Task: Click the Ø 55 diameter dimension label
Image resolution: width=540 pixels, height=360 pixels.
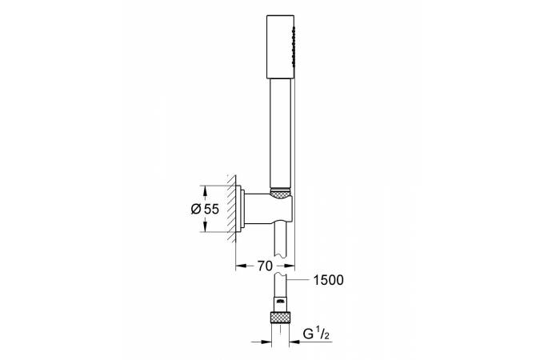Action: pyautogui.click(x=205, y=209)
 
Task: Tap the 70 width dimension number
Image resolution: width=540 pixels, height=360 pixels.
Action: pyautogui.click(x=265, y=266)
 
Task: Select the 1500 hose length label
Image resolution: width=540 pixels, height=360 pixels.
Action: pyautogui.click(x=328, y=280)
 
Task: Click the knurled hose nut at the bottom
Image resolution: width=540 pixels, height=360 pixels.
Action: pyautogui.click(x=280, y=318)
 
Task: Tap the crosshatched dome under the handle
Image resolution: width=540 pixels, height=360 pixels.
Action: pyautogui.click(x=281, y=193)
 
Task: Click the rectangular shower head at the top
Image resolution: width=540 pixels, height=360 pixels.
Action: pyautogui.click(x=281, y=46)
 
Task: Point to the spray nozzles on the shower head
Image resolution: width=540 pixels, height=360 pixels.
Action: pyautogui.click(x=294, y=46)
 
